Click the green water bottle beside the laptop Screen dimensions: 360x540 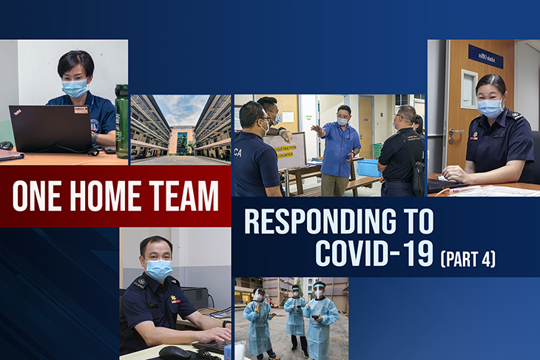pyautogui.click(x=121, y=121)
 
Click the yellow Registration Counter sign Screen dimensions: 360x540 pyautogui.click(x=286, y=151)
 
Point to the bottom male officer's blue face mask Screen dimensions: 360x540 pyautogui.click(x=158, y=270)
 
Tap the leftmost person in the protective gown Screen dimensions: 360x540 pyautogui.click(x=259, y=325)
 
